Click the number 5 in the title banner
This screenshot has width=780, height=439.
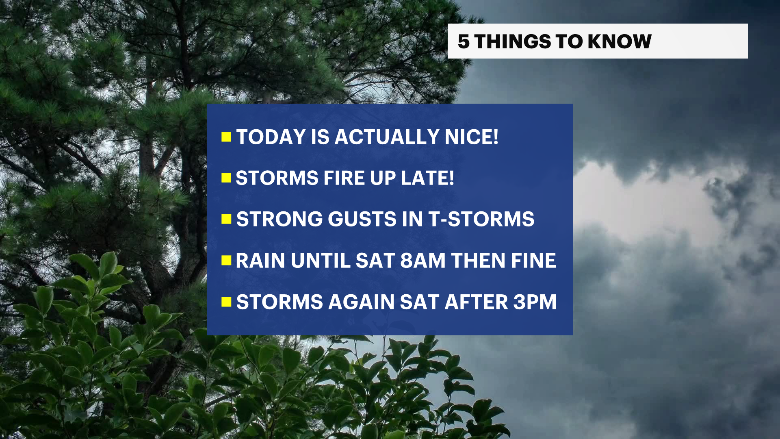click(x=464, y=41)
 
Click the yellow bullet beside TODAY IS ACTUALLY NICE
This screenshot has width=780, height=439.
click(x=226, y=137)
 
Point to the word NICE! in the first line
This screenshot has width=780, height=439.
click(x=472, y=137)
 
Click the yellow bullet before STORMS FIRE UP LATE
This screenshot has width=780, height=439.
click(x=226, y=178)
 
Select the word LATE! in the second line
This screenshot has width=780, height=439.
click(x=427, y=178)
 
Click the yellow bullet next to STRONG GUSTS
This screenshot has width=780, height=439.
click(x=226, y=219)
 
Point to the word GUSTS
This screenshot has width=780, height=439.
click(x=362, y=219)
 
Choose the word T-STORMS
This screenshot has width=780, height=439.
click(x=481, y=219)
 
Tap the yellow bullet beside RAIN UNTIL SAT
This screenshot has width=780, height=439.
click(x=226, y=261)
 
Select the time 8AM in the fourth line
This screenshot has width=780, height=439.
click(x=423, y=261)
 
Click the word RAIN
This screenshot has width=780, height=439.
click(x=260, y=261)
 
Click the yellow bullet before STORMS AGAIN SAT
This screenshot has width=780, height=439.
click(x=226, y=302)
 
